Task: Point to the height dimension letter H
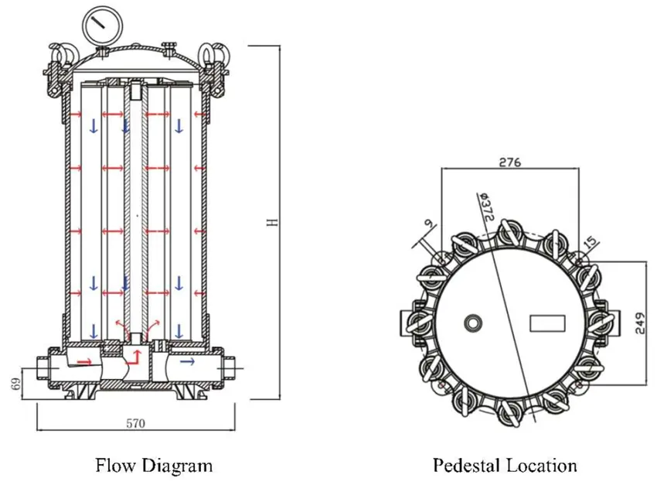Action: (271, 222)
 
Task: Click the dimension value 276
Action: (510, 162)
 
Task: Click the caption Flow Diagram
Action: (153, 465)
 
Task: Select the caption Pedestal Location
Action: (504, 465)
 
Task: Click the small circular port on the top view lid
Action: (471, 323)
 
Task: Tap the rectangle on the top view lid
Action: (547, 323)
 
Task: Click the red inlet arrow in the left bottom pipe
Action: (85, 361)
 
